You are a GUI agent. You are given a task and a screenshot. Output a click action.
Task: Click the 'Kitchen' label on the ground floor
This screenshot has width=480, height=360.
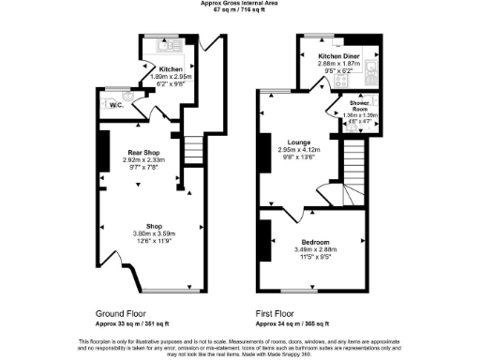click(x=171, y=69)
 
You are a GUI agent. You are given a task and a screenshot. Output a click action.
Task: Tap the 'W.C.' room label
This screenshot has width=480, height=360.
click(x=117, y=104)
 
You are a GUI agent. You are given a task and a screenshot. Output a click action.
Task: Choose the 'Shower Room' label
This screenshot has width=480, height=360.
click(x=360, y=104)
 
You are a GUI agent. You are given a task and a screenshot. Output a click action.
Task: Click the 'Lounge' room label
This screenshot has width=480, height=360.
click(x=298, y=141)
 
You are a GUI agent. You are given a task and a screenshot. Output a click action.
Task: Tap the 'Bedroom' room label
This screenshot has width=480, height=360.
click(x=301, y=242)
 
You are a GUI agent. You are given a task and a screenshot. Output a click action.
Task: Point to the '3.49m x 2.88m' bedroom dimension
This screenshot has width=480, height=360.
click(x=301, y=250)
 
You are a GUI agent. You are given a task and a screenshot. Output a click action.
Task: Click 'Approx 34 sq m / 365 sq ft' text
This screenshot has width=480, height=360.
click(x=292, y=322)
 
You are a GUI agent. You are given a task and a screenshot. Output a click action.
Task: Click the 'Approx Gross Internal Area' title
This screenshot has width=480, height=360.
click(x=240, y=3)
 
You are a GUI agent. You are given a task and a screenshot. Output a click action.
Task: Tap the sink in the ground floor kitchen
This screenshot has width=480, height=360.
click(x=172, y=44)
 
